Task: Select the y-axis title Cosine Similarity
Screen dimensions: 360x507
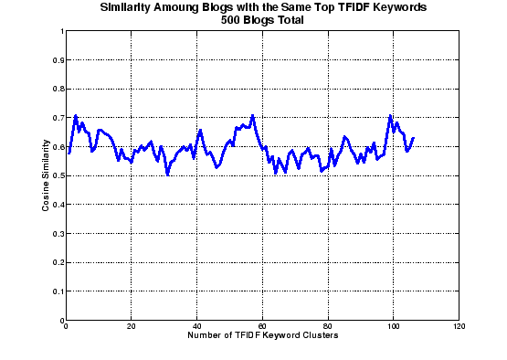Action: coord(45,176)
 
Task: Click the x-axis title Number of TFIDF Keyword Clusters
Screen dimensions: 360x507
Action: coord(263,336)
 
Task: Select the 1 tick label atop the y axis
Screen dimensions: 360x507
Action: coord(60,31)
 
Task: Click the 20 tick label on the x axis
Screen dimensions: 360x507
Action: coord(132,327)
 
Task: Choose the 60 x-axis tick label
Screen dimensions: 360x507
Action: coord(263,327)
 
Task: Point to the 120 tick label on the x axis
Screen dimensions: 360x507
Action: coord(459,327)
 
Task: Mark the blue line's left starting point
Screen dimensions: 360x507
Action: coord(69,153)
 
